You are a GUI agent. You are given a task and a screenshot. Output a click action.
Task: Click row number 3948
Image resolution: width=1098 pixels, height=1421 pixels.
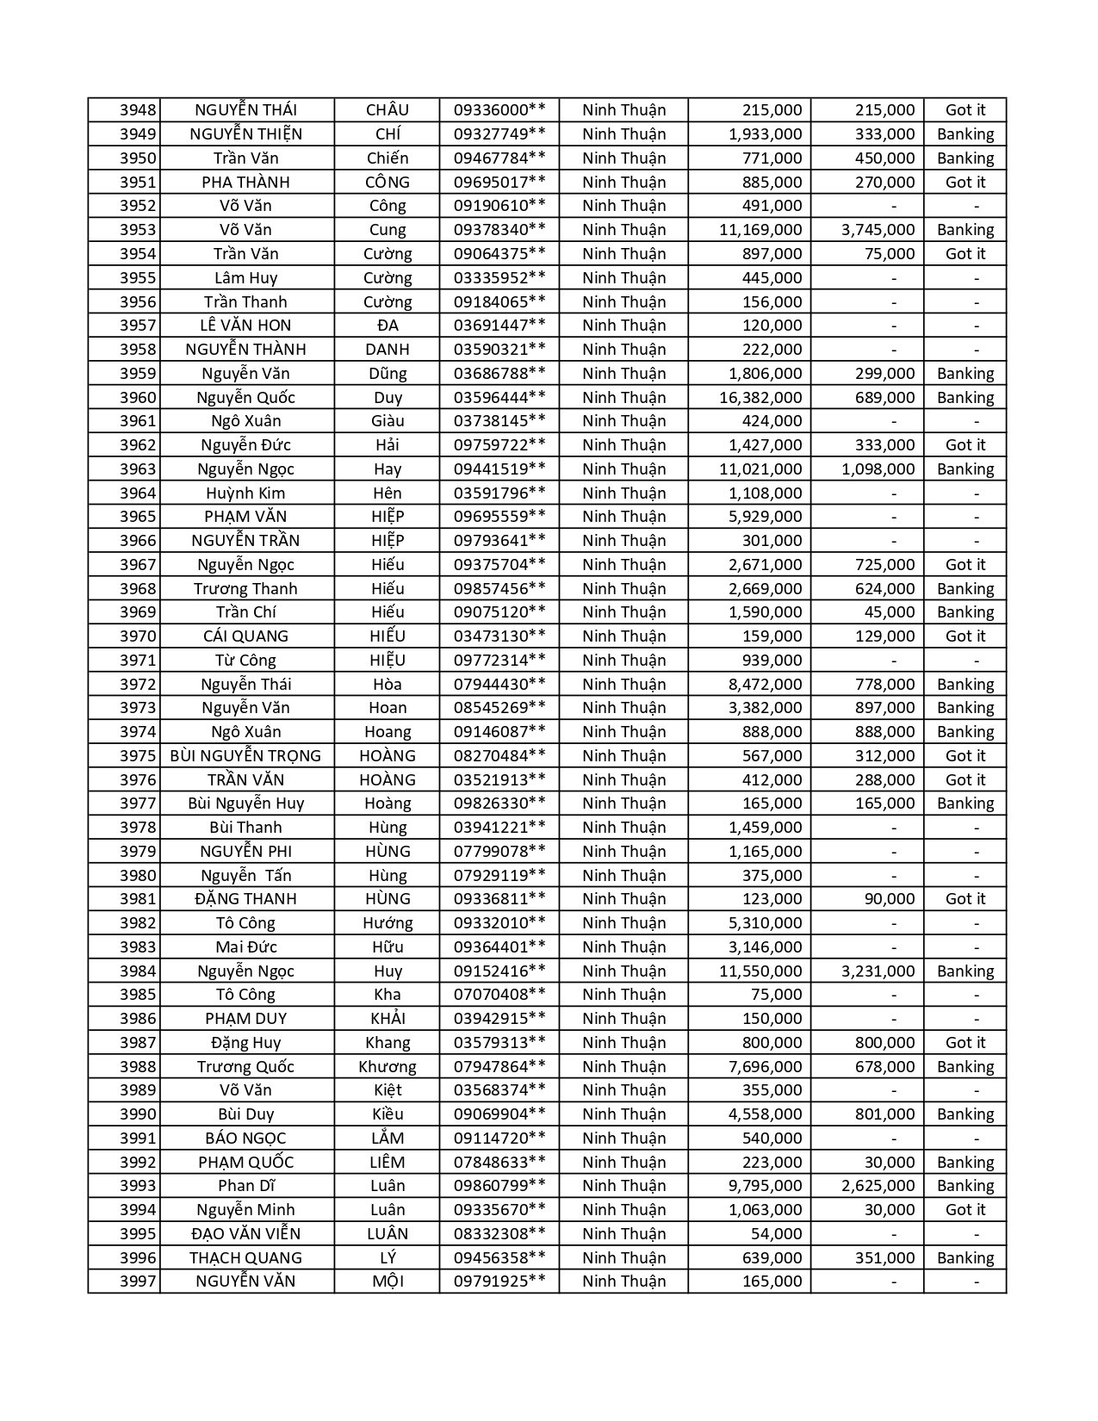(138, 110)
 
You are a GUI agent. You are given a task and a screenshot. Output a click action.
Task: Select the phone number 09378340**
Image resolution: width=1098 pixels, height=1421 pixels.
(499, 230)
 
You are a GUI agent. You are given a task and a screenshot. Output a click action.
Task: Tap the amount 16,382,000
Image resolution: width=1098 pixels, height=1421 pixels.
(760, 397)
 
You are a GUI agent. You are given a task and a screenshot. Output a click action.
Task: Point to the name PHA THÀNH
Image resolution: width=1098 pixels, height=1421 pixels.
(245, 182)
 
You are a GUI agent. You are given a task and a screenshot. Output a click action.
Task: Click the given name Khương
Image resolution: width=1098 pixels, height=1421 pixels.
(388, 1066)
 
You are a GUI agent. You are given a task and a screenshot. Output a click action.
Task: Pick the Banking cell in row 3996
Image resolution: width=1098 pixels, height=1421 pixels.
(965, 1257)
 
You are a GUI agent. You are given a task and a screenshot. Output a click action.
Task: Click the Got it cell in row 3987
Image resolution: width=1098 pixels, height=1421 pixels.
(965, 1042)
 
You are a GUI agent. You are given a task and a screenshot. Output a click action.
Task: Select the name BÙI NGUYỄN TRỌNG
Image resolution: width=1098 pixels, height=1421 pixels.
(245, 755)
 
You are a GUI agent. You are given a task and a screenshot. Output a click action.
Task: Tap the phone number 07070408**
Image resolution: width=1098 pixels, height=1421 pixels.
(499, 995)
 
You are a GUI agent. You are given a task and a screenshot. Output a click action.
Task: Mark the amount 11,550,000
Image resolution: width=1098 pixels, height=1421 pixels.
(760, 971)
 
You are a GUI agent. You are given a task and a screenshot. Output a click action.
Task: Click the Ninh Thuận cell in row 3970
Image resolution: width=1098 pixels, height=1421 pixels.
(623, 636)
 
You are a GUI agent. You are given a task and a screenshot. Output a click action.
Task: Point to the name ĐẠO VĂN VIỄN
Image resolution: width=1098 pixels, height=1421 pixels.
(245, 1233)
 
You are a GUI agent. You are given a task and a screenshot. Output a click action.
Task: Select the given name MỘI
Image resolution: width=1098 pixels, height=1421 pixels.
(388, 1281)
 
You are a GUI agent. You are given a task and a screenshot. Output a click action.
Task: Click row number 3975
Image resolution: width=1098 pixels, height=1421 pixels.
(138, 755)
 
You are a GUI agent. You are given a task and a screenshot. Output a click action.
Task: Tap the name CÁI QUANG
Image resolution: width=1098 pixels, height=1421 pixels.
(245, 636)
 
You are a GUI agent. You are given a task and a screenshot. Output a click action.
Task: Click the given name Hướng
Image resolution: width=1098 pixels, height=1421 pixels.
(388, 923)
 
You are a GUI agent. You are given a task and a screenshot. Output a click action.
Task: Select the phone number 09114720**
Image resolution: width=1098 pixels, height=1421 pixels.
(499, 1138)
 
